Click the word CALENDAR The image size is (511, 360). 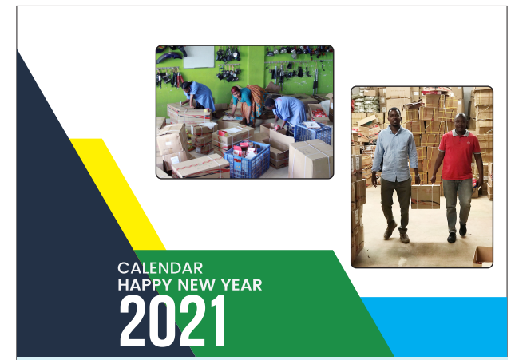(x=160, y=268)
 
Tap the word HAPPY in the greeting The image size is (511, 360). (x=145, y=286)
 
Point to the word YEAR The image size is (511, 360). (x=242, y=285)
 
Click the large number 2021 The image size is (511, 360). (x=172, y=321)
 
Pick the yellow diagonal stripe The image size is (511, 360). (x=117, y=194)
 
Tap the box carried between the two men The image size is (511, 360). (x=426, y=196)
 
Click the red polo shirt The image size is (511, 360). (x=459, y=155)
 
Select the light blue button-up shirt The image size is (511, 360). (x=395, y=154)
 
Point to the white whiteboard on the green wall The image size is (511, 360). (x=199, y=57)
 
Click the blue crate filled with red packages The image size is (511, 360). (x=247, y=160)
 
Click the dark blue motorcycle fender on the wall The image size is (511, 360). (x=169, y=57)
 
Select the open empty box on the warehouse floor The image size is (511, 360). (x=482, y=256)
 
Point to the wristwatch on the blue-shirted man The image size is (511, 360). (x=417, y=176)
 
